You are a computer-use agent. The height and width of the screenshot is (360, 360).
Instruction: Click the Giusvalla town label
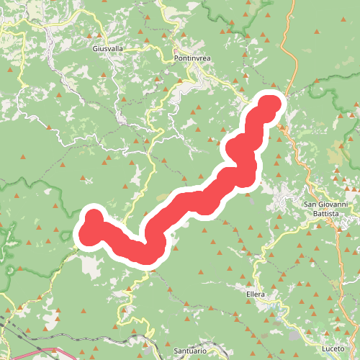(x=108, y=49)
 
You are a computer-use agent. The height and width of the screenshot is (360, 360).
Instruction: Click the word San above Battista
(x=310, y=204)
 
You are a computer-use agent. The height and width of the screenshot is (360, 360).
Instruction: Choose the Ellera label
(x=255, y=294)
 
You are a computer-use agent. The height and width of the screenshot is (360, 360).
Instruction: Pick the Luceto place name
(x=334, y=348)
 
